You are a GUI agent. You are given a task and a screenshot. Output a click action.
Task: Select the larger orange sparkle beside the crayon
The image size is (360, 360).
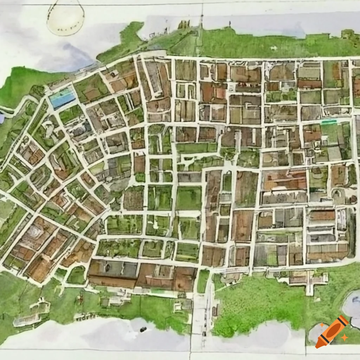[344, 337]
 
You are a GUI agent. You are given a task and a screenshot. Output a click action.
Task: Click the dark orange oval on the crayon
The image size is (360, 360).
[334, 330]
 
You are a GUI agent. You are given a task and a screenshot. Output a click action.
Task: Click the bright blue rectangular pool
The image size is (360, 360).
[63, 98]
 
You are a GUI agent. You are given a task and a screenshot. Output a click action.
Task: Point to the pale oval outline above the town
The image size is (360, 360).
[66, 18]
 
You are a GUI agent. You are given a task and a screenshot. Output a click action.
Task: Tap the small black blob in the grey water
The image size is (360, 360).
[143, 329]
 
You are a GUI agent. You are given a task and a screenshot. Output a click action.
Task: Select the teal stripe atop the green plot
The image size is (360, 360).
[329, 122]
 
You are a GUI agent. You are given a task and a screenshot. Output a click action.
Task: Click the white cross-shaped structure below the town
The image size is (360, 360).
[310, 281]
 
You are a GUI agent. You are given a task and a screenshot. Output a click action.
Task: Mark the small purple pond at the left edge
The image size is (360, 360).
[2, 118]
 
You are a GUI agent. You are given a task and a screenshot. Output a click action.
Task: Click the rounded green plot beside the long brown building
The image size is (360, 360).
[76, 275]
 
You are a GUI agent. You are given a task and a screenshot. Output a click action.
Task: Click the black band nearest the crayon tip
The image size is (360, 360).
[324, 339]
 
